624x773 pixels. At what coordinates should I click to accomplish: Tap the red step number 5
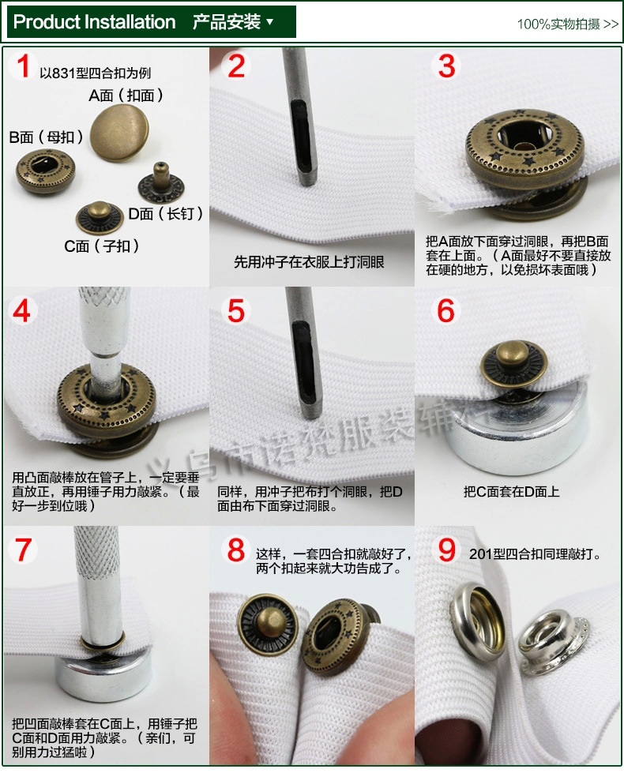236,310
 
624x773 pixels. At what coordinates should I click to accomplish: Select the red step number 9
447,550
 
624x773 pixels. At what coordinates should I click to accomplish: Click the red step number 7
24,550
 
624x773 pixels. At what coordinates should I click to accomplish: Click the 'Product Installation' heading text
95,22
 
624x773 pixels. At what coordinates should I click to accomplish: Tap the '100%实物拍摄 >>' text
567,24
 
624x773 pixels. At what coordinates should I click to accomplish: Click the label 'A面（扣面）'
126,96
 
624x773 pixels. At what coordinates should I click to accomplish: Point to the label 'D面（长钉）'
166,213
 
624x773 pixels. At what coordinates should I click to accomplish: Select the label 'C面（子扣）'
102,246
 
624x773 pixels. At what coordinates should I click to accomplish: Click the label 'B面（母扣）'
47,137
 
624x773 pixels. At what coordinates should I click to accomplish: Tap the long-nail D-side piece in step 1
160,184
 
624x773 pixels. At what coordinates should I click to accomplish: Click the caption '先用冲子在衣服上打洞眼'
309,262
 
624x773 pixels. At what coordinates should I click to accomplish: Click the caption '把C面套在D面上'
511,491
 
